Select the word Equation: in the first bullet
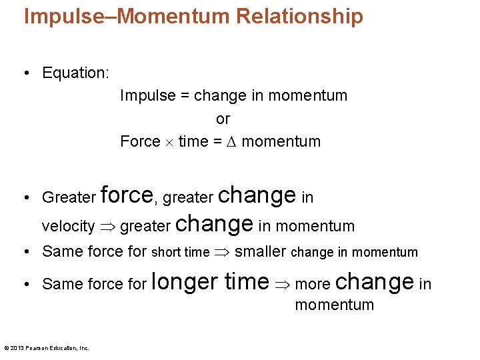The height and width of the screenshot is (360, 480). [75, 73]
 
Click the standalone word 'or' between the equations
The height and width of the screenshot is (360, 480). [223, 119]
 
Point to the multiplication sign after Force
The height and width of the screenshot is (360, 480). [169, 142]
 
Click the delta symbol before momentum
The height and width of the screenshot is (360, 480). [231, 141]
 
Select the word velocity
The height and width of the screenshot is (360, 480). [68, 227]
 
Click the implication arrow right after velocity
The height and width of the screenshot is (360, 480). [107, 227]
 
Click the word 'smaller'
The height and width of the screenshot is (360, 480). [261, 252]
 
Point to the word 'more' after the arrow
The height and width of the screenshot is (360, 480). [313, 285]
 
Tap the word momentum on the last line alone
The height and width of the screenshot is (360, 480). [334, 305]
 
